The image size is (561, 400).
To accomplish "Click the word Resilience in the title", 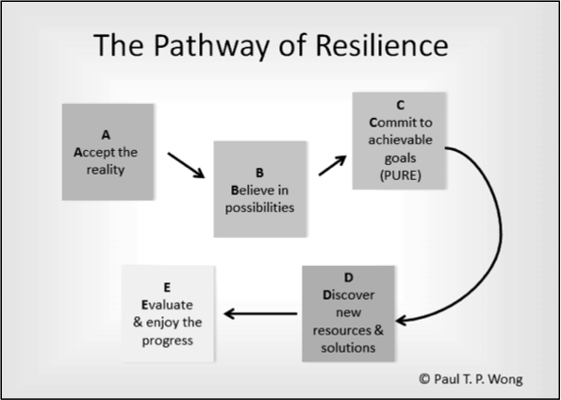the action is coord(382,45).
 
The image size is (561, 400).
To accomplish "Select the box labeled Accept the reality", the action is coord(107,152).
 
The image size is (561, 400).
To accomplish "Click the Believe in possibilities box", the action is coord(260,189).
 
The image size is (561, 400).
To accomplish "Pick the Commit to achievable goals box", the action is coord(399,141).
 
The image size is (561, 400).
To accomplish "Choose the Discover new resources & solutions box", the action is coord(348,314).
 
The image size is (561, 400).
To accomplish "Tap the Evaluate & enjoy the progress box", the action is coord(168,314).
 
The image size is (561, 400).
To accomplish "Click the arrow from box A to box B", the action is coord(186,165).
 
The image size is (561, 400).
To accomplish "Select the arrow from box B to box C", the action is coord(333,165).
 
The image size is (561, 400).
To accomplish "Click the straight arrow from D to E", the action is coord(260,314).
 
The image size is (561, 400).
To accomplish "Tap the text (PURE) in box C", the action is coord(401,175).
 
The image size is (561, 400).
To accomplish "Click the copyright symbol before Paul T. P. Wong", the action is coord(424,378).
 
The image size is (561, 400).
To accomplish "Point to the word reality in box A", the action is coord(106,170).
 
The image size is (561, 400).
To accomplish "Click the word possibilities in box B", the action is coord(259,208).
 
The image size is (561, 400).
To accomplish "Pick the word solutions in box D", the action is coord(348,347).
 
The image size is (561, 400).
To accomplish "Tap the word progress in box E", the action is coord(168,341).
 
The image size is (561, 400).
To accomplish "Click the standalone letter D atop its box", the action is coord(348,277).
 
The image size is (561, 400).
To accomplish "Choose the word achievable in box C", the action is coord(401,140).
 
